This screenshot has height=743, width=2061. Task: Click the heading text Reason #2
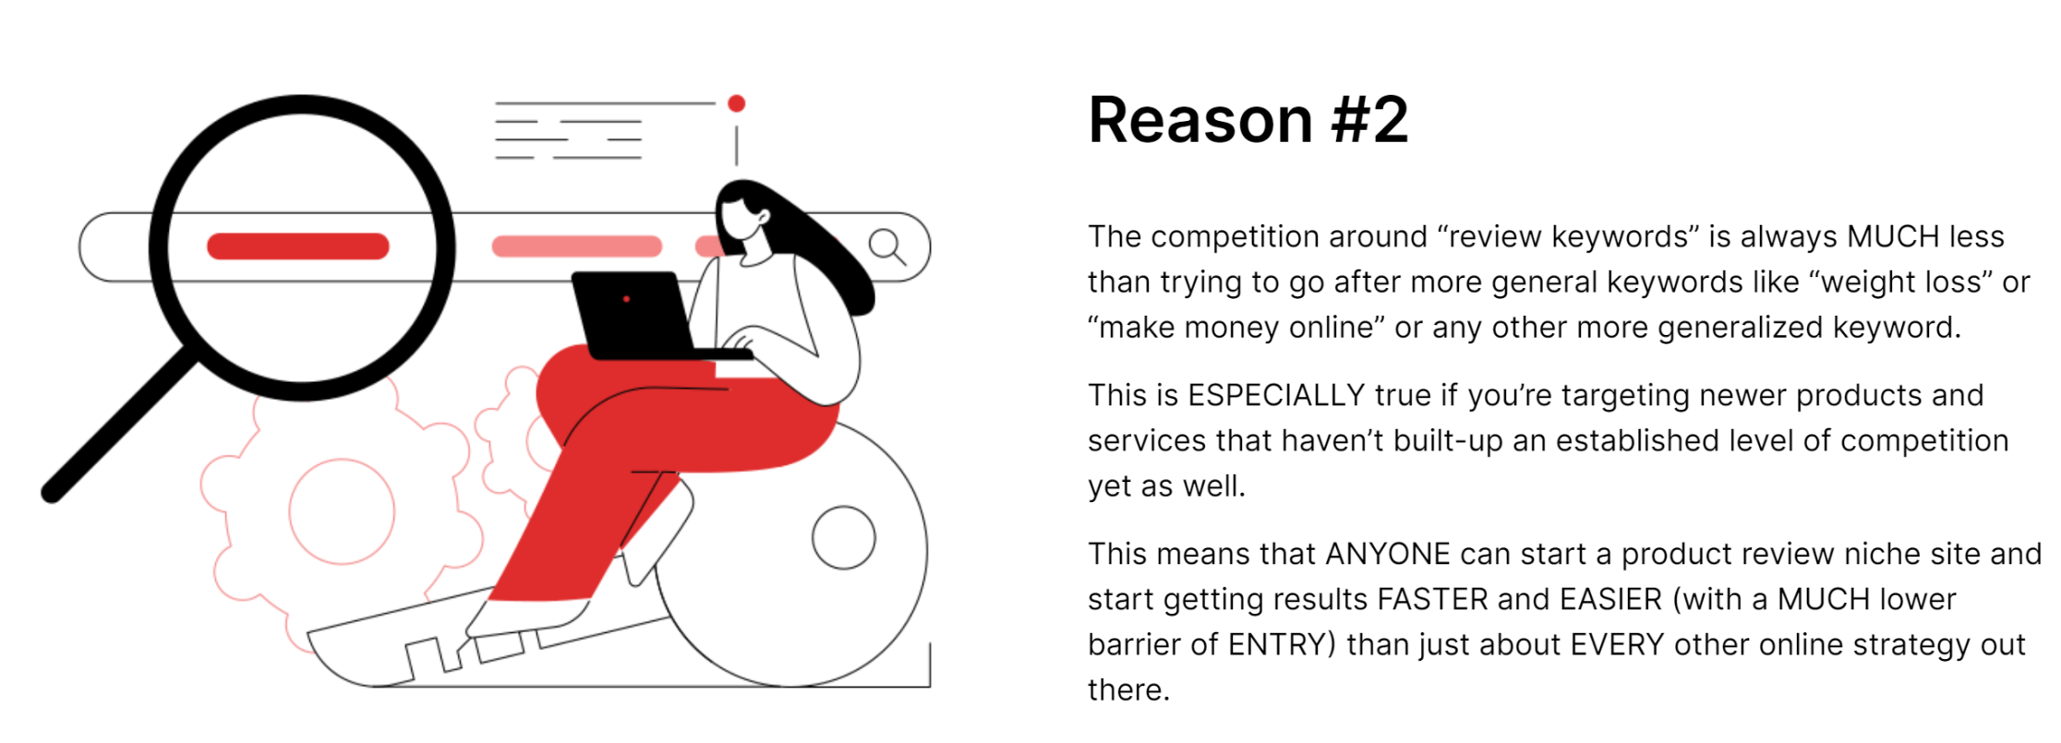click(1248, 120)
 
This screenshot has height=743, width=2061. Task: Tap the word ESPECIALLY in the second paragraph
click(1276, 395)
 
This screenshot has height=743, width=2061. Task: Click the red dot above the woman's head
click(736, 103)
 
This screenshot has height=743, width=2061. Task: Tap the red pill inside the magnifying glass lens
click(298, 246)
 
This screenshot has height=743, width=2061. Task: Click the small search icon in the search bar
click(886, 246)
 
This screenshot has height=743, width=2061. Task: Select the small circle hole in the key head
click(843, 537)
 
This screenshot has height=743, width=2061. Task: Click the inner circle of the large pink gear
click(342, 511)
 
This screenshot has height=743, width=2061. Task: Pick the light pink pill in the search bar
click(577, 246)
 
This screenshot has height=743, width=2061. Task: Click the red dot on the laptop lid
click(626, 299)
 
